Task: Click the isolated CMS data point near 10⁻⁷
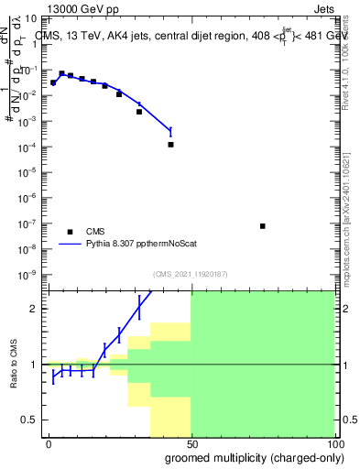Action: (263, 226)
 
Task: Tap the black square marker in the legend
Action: (69, 232)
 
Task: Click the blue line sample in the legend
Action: (69, 244)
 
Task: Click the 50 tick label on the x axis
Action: (191, 442)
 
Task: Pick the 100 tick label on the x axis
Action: (333, 442)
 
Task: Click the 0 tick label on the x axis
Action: (49, 442)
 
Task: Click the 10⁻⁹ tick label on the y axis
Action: (30, 275)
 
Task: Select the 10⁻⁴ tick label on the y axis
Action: (30, 147)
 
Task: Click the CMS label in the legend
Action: (95, 232)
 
